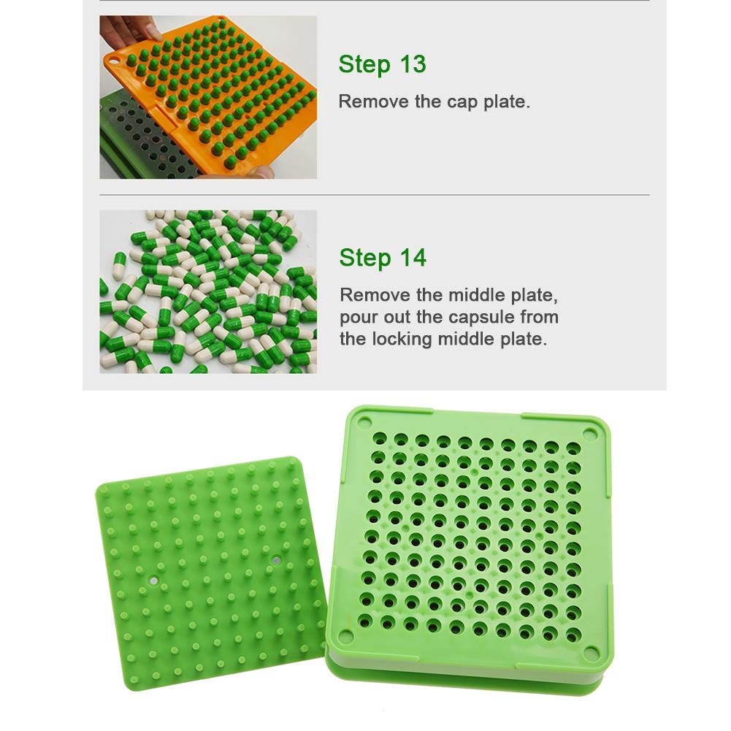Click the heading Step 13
(382, 64)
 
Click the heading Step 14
(383, 258)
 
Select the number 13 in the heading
(412, 64)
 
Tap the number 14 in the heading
(413, 258)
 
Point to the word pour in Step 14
(358, 318)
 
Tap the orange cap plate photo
(208, 98)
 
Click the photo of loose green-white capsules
(208, 291)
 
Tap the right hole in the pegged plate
(276, 561)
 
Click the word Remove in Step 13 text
(374, 102)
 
